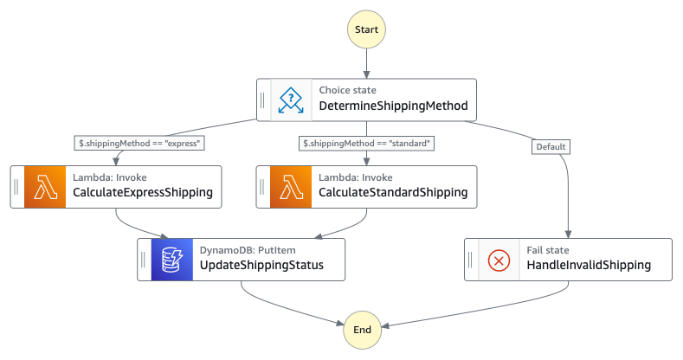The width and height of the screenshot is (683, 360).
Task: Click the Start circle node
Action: coord(367,29)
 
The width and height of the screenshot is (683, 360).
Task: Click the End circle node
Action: coord(363,330)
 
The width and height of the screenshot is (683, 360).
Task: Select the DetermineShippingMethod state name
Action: coord(393,107)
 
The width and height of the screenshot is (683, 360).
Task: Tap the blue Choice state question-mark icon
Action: coord(290,100)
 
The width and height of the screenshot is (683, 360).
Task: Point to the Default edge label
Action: coord(551,146)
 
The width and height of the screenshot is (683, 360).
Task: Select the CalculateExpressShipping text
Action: coord(143,193)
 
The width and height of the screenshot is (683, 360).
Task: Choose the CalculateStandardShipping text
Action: coord(393,193)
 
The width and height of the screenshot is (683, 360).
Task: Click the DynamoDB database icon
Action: coord(171,259)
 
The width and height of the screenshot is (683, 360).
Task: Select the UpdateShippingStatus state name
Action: coord(261,266)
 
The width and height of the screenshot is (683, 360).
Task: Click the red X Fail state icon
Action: coord(499,259)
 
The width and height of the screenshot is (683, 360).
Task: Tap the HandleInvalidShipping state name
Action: coord(589,266)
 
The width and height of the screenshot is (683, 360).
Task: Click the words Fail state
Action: coord(547,250)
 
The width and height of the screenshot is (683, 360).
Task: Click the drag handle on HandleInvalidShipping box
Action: coord(471,259)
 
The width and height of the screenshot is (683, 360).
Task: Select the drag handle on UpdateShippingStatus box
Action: coord(144,259)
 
